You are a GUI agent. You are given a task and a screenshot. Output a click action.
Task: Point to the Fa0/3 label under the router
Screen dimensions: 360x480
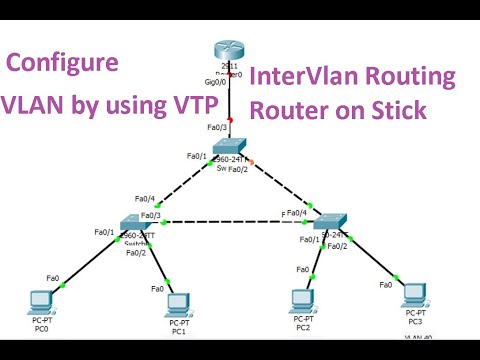click(x=217, y=127)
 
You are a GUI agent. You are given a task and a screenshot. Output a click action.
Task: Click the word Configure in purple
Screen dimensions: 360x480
click(x=63, y=64)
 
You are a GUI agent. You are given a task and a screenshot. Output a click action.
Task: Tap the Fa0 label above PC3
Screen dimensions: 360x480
click(x=386, y=285)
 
